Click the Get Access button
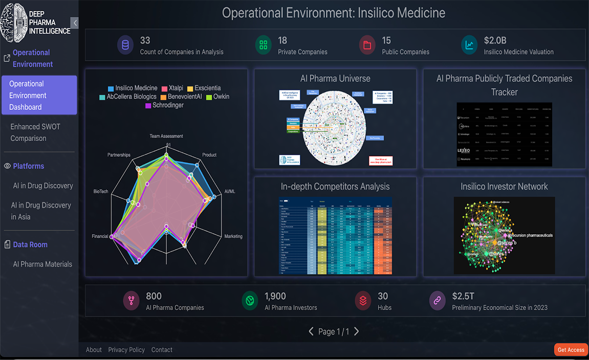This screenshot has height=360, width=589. click(x=571, y=350)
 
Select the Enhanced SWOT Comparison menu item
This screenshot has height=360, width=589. click(x=29, y=132)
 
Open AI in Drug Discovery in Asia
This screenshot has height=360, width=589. click(x=41, y=211)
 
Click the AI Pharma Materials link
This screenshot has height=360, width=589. click(x=42, y=264)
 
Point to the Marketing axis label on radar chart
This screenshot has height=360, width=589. click(x=233, y=236)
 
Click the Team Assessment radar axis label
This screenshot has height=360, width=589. click(x=166, y=137)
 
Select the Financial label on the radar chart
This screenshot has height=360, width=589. click(x=100, y=236)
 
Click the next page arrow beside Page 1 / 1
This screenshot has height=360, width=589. click(x=357, y=331)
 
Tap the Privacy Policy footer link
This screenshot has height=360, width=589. click(x=126, y=350)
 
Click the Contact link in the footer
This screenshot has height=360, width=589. click(x=162, y=350)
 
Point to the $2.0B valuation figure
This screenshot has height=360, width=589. click(x=495, y=40)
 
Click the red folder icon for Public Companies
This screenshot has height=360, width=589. click(x=367, y=45)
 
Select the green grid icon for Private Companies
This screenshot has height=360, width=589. click(x=263, y=45)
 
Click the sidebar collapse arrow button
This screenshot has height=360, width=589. click(x=75, y=22)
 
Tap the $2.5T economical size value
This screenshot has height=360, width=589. click(x=463, y=296)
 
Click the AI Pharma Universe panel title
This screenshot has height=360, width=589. click(x=335, y=79)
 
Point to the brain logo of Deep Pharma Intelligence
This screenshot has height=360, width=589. click(x=13, y=22)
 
